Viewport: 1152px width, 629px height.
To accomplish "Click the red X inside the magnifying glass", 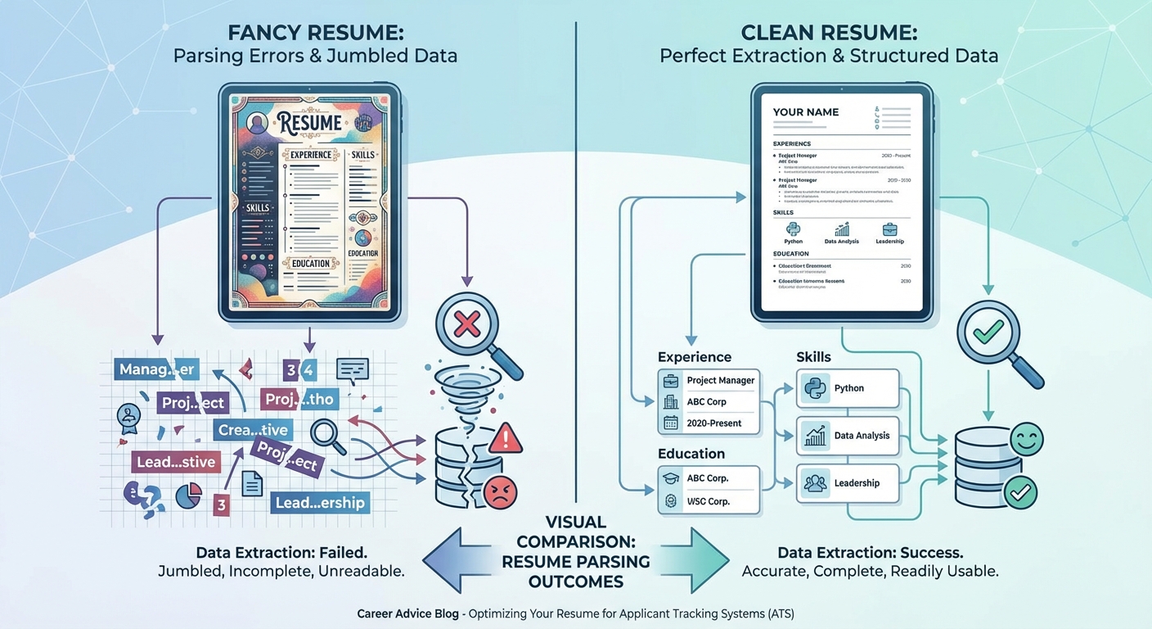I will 466,325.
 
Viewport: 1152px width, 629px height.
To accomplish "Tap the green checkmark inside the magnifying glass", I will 987,331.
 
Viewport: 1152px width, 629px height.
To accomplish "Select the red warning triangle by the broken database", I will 507,440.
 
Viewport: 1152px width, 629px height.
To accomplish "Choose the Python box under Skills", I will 848,388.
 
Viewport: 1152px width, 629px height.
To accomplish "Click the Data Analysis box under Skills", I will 848,436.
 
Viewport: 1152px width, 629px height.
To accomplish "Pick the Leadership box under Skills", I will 848,483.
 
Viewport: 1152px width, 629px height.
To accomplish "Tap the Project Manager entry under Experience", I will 709,381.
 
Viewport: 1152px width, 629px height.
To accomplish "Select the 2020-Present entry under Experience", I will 709,423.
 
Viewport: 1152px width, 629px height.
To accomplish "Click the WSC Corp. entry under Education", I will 709,501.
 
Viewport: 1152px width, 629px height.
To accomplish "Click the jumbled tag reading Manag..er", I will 156,369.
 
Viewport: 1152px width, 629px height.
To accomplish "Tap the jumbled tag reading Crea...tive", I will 253,430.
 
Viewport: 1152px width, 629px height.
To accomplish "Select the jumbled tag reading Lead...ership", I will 320,502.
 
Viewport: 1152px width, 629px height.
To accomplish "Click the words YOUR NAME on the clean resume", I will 806,112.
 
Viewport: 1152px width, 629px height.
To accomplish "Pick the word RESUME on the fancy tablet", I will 309,124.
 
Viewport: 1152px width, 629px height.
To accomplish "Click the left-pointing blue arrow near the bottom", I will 458,559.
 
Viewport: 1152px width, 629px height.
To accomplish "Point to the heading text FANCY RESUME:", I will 314,34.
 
